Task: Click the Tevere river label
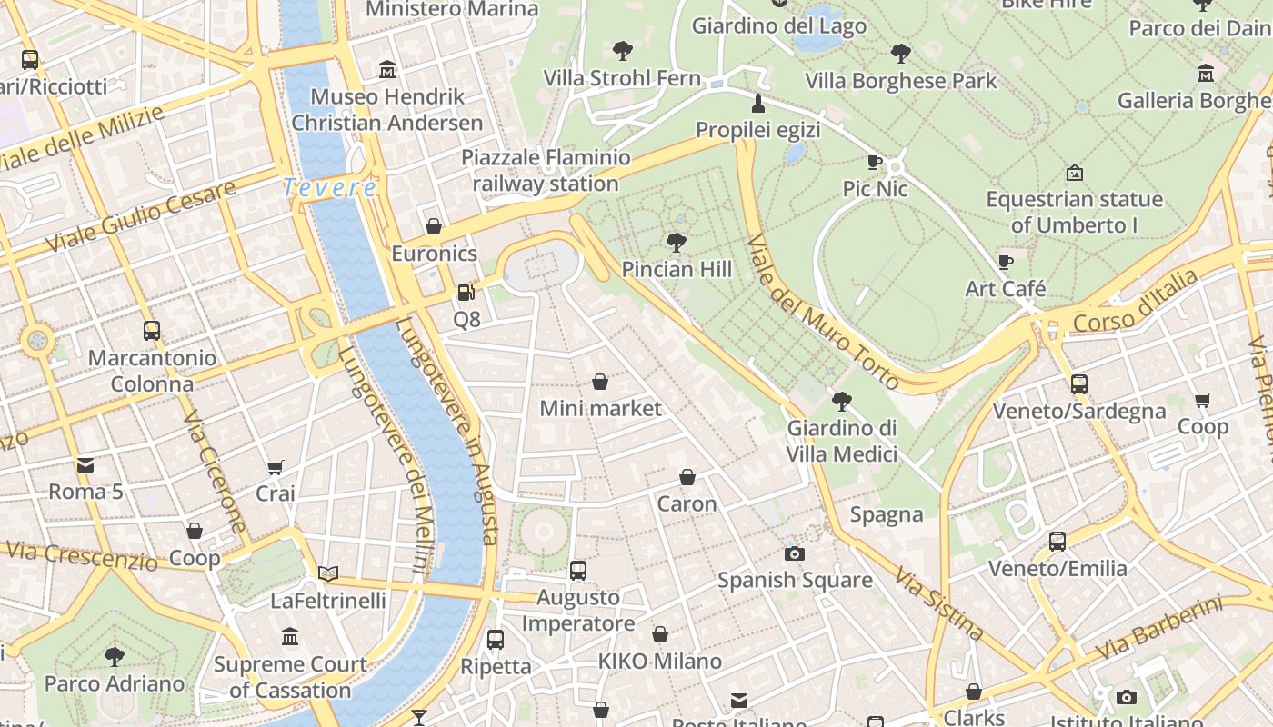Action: pos(329,188)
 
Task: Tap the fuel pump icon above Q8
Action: pos(466,293)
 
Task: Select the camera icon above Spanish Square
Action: pos(795,553)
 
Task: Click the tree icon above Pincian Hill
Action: pos(676,243)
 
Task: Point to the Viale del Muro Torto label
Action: pos(823,312)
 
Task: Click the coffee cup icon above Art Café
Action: pos(1005,263)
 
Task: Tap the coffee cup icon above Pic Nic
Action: pos(874,163)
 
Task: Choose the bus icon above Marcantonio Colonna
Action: pos(152,331)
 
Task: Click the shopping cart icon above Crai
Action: pos(275,468)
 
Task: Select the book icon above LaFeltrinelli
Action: pos(328,573)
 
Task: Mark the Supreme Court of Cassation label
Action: pos(290,677)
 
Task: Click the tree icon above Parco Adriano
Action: pos(115,656)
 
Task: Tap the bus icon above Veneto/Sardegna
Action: pos(1078,384)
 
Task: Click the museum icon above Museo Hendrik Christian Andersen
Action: pos(387,70)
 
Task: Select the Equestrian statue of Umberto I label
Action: pos(1074,212)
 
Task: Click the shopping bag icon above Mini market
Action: pos(600,382)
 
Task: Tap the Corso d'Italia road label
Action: pos(1135,303)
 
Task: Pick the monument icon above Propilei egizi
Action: pos(758,103)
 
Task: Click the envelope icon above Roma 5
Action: pos(85,466)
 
